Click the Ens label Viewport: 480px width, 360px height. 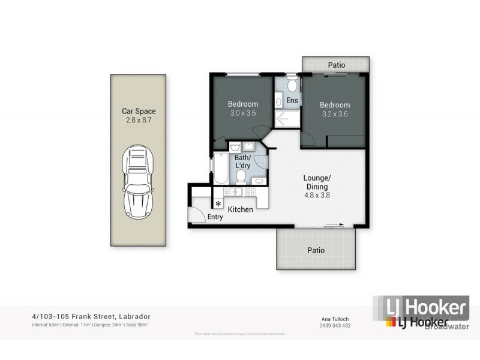291,101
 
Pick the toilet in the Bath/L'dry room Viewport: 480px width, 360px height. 240,176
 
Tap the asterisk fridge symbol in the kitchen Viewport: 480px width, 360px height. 218,203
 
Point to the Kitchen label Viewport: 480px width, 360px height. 240,209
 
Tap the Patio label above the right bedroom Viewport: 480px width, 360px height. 337,64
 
